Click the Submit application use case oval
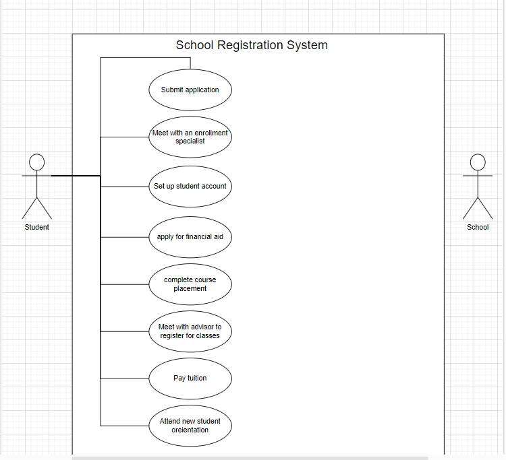point(190,90)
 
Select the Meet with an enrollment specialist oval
point(190,137)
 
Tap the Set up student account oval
point(190,186)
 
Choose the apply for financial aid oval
point(190,237)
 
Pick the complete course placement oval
point(190,284)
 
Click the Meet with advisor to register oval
point(190,331)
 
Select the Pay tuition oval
point(190,379)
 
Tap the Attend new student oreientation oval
point(190,426)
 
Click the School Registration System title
point(252,45)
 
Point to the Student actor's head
point(37,162)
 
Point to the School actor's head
point(478,162)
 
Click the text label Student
point(37,227)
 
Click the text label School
point(478,227)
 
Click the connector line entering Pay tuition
point(125,379)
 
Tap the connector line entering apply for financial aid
point(125,237)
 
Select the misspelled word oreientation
point(190,430)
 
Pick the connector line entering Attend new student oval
point(125,426)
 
